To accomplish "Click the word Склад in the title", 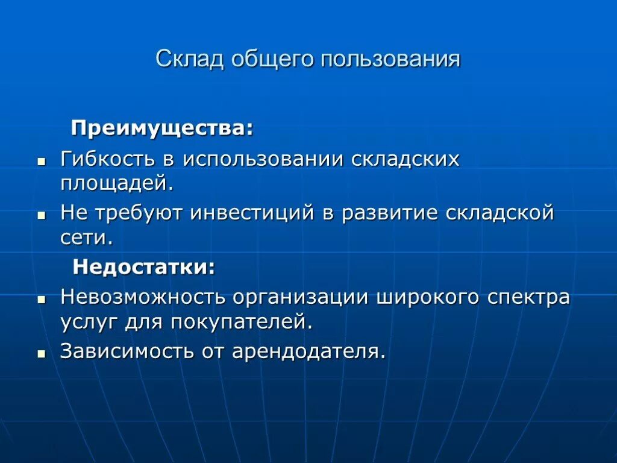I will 189,59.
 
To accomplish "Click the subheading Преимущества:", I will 162,128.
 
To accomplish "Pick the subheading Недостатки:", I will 144,266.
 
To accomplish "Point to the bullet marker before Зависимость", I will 42,353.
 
